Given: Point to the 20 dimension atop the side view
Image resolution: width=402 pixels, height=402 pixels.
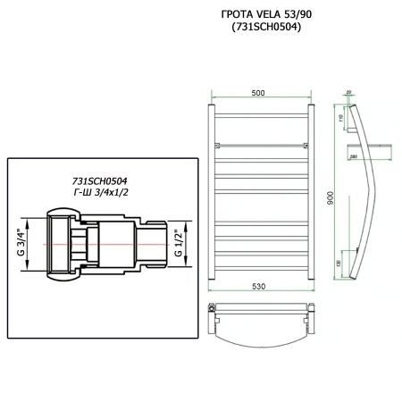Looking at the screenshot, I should click(348, 91).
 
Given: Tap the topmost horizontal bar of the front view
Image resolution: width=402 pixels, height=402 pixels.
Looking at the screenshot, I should click(259, 113).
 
